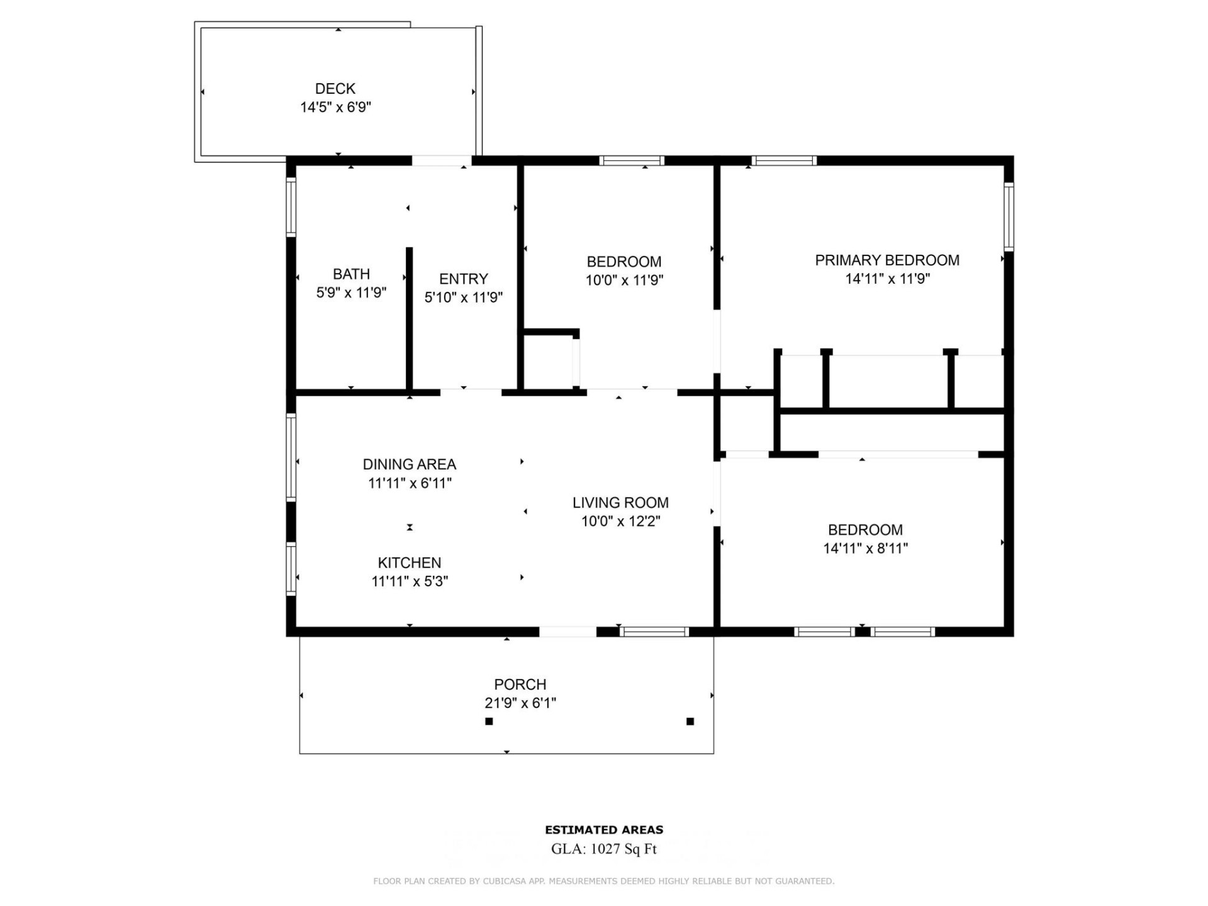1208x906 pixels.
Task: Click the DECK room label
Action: (335, 89)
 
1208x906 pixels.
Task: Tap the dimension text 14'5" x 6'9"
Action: (335, 108)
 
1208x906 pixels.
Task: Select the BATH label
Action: (351, 274)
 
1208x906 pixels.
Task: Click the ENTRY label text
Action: (463, 279)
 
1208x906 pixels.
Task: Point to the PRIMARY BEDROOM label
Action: (886, 260)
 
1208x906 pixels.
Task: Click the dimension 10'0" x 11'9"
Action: (624, 281)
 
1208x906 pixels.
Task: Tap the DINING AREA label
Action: (409, 464)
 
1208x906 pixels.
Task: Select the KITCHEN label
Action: (409, 563)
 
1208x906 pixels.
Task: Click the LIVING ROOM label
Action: (620, 503)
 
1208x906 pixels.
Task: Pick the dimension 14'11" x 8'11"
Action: (865, 549)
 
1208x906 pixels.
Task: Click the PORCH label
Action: (520, 685)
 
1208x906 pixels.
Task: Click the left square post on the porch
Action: (489, 722)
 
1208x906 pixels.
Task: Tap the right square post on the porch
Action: (690, 722)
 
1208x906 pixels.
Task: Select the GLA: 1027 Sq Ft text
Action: (603, 849)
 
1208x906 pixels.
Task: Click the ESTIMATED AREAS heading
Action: (603, 830)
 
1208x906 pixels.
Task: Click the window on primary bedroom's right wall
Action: (1009, 216)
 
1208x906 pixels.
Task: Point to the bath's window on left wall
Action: (291, 208)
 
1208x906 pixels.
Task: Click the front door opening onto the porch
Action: (568, 632)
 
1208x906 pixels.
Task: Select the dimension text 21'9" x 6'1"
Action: (520, 703)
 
